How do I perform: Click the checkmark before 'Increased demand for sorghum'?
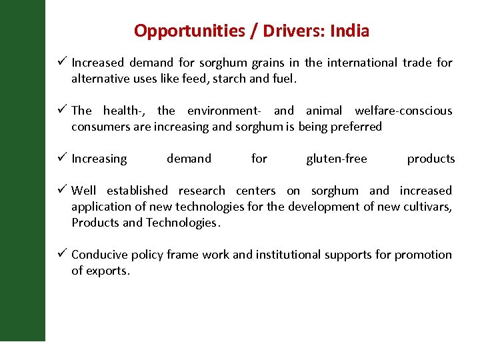(61, 62)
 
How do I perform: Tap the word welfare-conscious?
(403, 111)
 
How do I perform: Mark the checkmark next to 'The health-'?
(61, 110)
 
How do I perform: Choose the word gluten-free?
(337, 159)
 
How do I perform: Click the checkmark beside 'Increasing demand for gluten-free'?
(61, 158)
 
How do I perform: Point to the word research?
(202, 191)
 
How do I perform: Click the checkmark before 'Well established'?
(61, 190)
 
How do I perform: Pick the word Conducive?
(99, 255)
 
